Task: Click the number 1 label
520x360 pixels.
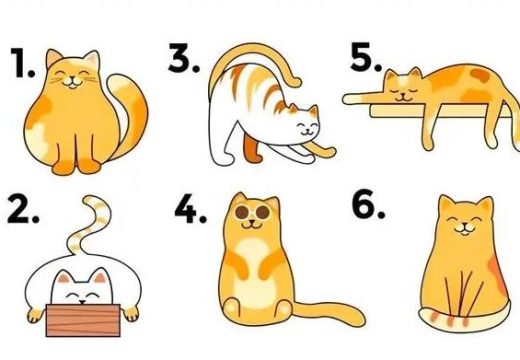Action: point(22,63)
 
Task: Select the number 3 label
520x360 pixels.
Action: point(183,57)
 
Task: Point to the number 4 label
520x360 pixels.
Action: point(190,209)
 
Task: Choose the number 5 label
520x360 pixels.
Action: point(366,57)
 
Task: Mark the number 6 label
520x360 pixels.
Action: point(368,204)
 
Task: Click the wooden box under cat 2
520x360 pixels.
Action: point(83,320)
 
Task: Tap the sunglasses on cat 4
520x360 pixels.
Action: point(252,212)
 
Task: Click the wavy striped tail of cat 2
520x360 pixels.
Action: point(90,227)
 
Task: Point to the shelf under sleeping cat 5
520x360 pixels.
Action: point(440,111)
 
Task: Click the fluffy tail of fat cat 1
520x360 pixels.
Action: point(128,113)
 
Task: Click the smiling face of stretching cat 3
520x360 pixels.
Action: point(307,126)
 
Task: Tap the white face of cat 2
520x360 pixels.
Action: point(82,290)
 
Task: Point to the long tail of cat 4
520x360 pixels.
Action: point(328,313)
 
